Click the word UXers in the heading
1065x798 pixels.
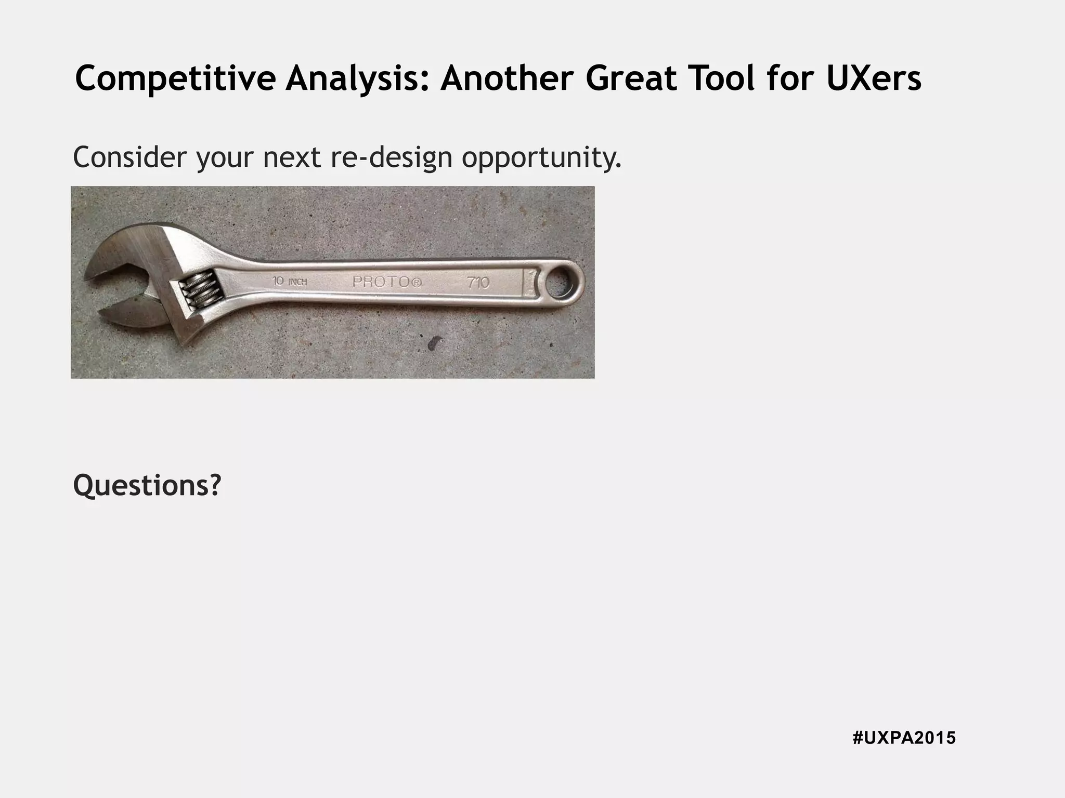coord(874,79)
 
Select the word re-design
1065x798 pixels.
coord(392,158)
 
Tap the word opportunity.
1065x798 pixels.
coord(541,159)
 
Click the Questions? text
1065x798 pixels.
coord(147,485)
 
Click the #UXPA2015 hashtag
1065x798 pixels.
coord(904,738)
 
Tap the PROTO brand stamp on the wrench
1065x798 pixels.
coord(387,282)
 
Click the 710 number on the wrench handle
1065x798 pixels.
coord(477,283)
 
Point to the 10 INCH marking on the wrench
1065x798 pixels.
coord(290,282)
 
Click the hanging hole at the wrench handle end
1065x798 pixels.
coord(560,284)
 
